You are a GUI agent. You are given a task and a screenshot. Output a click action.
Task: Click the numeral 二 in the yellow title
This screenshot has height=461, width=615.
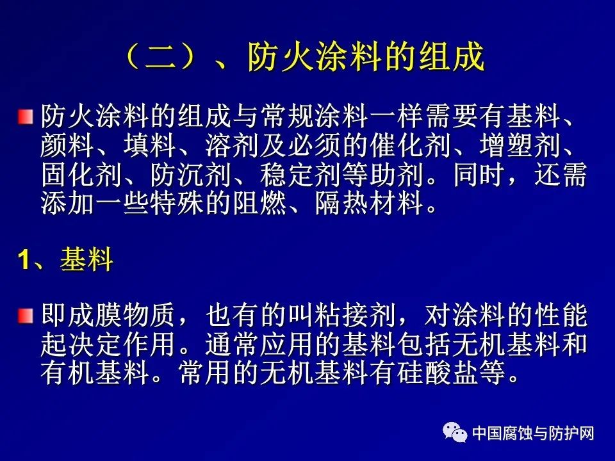(x=161, y=58)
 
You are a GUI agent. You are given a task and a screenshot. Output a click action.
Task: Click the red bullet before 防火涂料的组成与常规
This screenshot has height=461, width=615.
(x=25, y=117)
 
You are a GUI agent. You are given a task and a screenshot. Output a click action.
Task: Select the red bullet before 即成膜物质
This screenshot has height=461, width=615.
(x=25, y=316)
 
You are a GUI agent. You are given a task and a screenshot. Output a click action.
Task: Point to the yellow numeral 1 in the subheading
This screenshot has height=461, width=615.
(x=24, y=259)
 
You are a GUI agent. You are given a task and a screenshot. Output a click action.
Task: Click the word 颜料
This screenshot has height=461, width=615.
(x=67, y=145)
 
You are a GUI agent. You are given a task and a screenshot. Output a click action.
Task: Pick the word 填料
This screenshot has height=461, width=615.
(x=149, y=145)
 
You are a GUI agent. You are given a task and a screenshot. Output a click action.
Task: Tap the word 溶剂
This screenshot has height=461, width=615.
(x=232, y=145)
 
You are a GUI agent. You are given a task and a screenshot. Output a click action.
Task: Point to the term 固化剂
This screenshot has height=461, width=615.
(x=81, y=174)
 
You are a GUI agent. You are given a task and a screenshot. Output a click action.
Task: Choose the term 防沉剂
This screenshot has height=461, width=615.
(x=190, y=174)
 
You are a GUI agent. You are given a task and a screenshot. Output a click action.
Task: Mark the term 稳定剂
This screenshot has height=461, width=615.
(x=300, y=174)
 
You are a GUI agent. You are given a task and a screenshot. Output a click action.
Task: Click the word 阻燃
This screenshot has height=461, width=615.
(x=259, y=203)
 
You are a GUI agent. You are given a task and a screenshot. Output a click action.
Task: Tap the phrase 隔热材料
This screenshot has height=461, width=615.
(x=369, y=203)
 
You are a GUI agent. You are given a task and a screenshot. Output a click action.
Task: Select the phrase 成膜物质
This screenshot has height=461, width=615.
(x=121, y=316)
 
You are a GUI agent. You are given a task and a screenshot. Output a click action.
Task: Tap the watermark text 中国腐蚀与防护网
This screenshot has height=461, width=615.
(x=533, y=433)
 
